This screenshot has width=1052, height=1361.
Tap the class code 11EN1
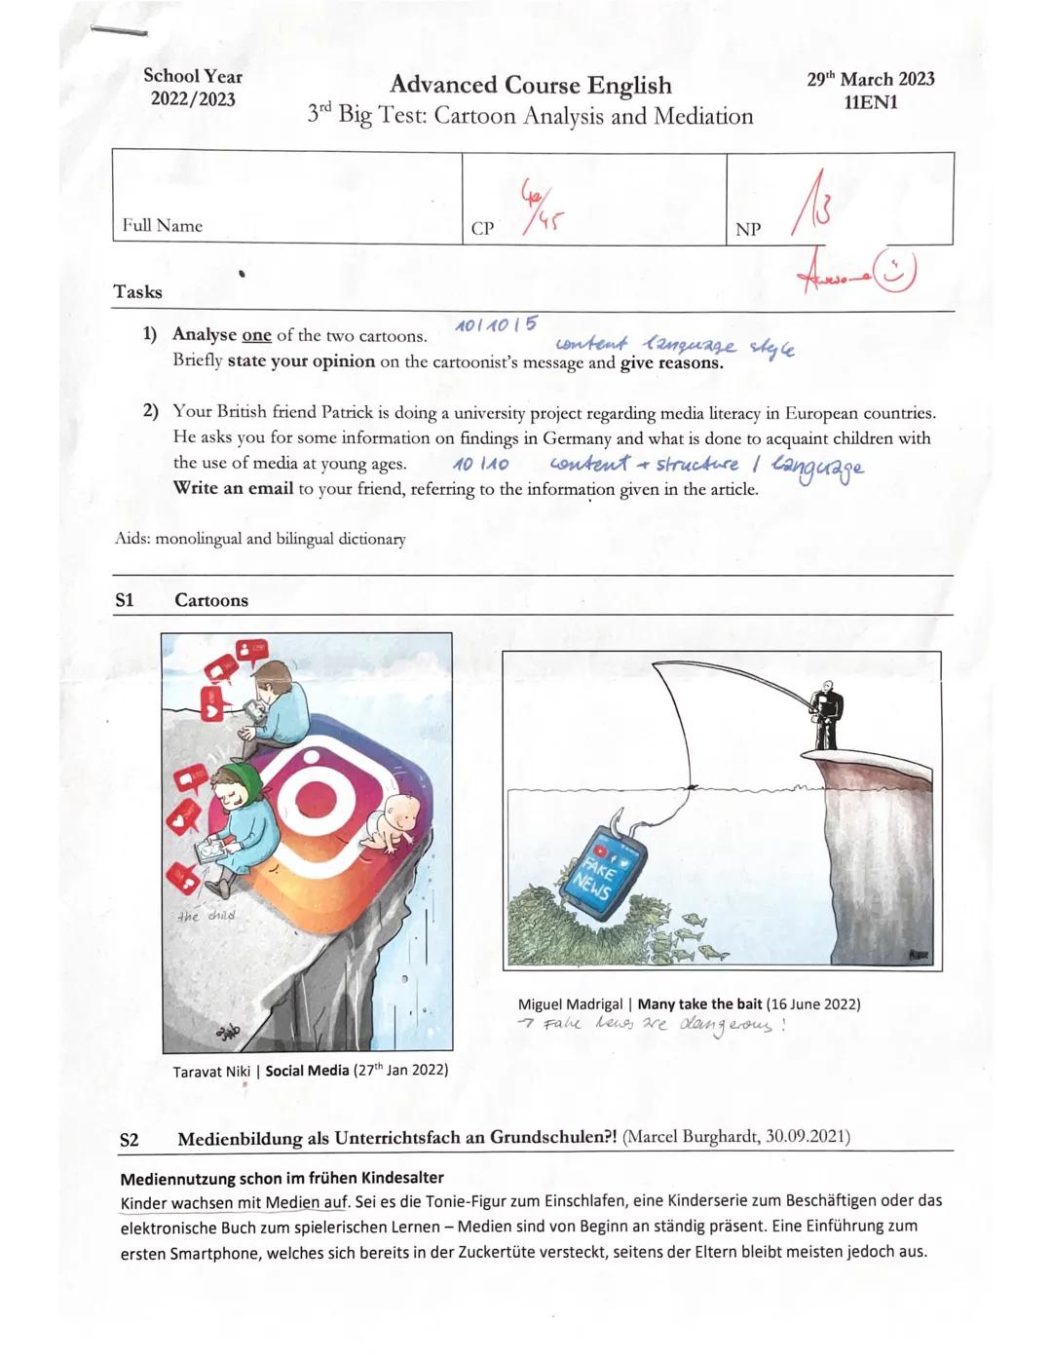click(x=870, y=103)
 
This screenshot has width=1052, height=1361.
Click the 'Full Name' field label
click(x=162, y=226)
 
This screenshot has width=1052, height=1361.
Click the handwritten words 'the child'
click(x=207, y=916)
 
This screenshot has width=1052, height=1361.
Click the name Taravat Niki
click(x=211, y=1071)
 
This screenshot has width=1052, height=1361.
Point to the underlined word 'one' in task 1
click(x=256, y=335)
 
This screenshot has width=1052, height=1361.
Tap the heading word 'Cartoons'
click(x=211, y=600)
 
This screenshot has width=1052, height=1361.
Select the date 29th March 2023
click(x=870, y=79)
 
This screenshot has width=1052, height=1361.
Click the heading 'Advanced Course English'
click(x=530, y=85)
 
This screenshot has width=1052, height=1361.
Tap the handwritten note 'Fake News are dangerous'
click(x=653, y=1025)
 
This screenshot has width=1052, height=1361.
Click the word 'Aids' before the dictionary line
click(x=131, y=539)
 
